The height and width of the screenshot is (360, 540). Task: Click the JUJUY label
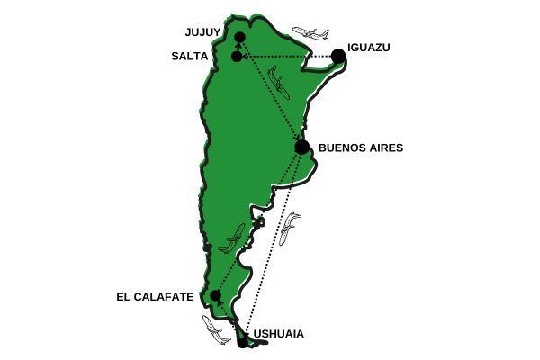click(202, 31)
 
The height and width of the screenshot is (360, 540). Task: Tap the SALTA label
click(190, 56)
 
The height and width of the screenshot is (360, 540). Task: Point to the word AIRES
click(385, 148)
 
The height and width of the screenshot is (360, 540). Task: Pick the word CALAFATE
click(163, 295)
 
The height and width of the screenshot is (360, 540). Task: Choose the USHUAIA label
click(279, 334)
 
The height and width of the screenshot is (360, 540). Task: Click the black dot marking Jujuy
click(239, 38)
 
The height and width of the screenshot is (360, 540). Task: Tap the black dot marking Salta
click(237, 57)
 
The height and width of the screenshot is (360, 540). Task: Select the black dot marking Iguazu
click(338, 56)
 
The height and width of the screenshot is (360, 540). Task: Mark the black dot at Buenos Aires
click(301, 147)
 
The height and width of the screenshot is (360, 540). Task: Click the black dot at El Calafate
click(216, 295)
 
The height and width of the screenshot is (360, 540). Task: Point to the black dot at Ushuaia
click(242, 341)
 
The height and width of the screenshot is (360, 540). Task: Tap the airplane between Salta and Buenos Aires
click(280, 85)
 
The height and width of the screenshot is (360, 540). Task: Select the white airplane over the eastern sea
click(290, 229)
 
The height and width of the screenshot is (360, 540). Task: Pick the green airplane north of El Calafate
click(232, 238)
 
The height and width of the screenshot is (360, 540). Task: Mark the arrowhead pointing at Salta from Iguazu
click(246, 57)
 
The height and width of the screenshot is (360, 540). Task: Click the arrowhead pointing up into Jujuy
click(238, 46)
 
